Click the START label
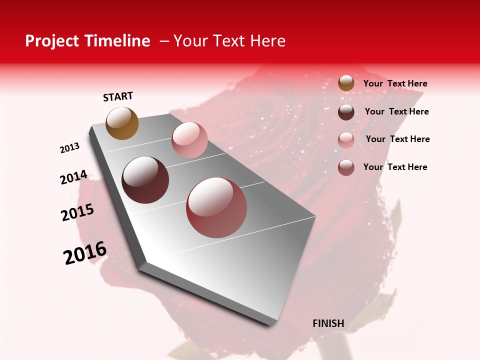click(118, 96)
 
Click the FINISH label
click(328, 323)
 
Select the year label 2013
click(69, 148)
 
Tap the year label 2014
click(73, 177)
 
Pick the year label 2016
click(85, 253)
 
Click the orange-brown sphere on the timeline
click(122, 123)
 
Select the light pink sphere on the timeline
click(189, 139)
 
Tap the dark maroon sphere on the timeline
click(145, 180)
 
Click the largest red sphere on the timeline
click(216, 207)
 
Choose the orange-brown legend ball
click(346, 83)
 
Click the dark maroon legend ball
click(346, 112)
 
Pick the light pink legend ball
click(346, 139)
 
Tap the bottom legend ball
click(346, 167)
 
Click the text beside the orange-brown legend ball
click(395, 83)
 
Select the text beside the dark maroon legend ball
click(396, 111)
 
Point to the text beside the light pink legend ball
click(397, 139)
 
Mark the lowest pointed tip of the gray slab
click(270, 326)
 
